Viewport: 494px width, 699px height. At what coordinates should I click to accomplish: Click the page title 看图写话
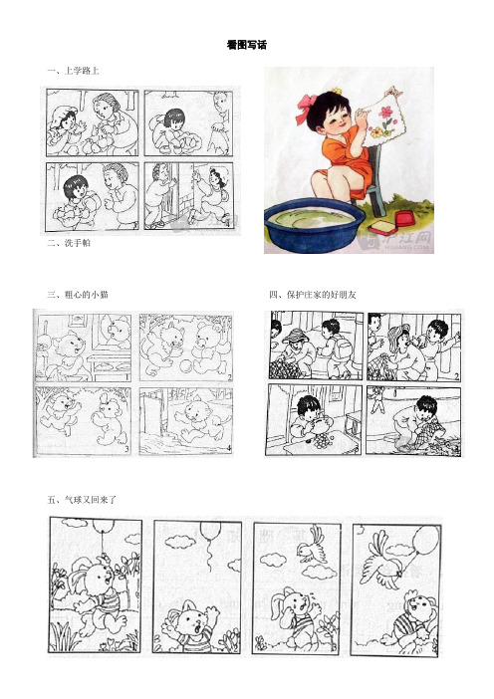[247, 46]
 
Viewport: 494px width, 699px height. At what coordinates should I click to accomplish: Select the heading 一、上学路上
[72, 72]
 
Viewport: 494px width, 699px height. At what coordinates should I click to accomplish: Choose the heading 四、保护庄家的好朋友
[310, 295]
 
